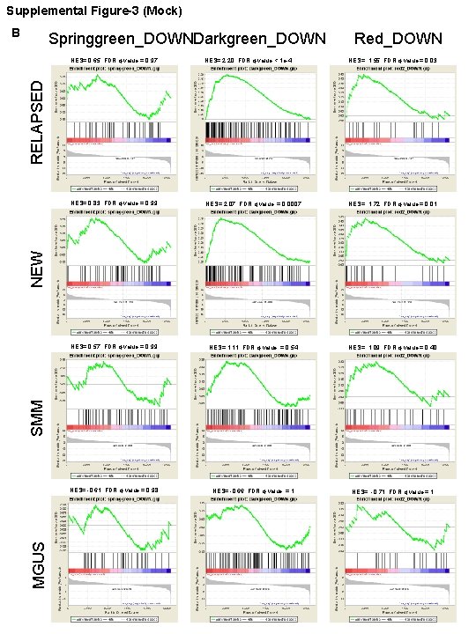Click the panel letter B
click(13, 33)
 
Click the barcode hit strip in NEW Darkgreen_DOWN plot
click(257, 273)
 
